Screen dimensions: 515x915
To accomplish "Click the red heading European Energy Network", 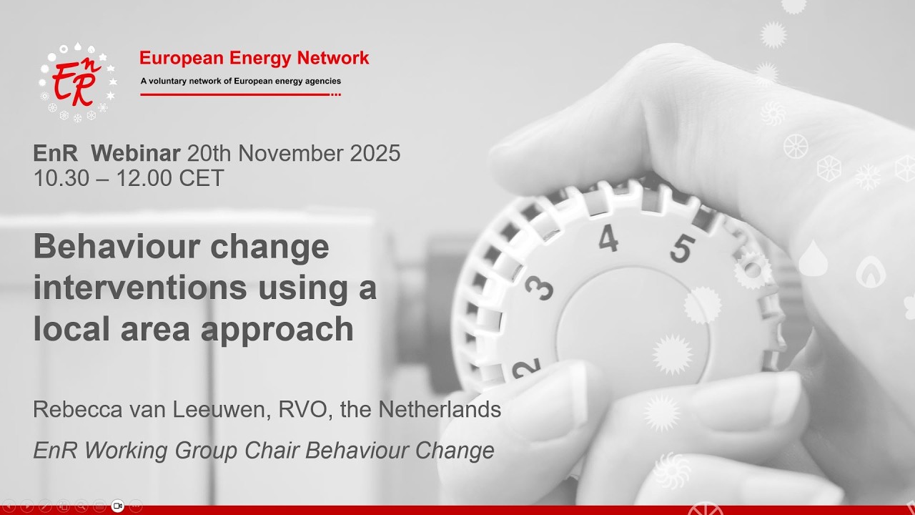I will (254, 58).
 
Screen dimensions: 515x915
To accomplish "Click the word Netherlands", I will (439, 410).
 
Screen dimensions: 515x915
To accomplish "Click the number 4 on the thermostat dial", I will (608, 240).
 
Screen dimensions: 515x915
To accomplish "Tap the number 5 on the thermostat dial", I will (681, 249).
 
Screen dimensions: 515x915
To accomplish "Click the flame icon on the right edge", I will (871, 272).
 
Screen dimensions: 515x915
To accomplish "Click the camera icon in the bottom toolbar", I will (118, 506).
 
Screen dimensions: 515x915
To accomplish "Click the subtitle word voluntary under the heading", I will (176, 81).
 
